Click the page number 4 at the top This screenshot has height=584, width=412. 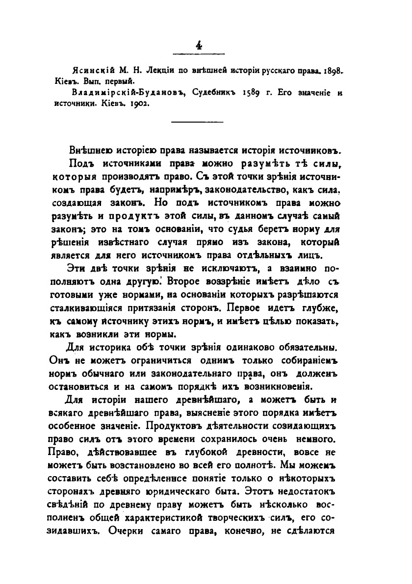pos(199,45)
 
